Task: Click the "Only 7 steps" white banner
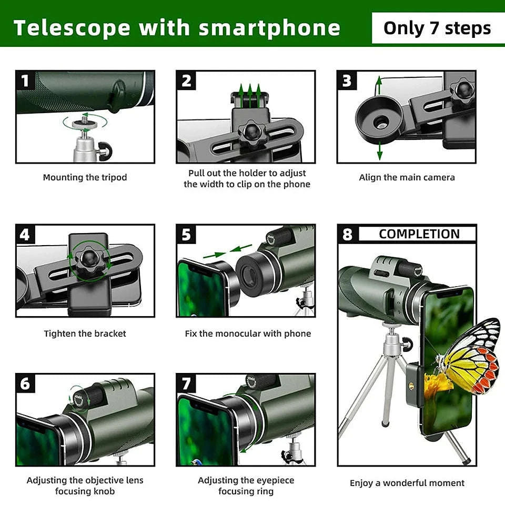437,28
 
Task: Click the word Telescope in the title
71,28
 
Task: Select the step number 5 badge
186,235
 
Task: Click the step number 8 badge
347,234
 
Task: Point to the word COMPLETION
419,234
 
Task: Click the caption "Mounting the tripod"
85,178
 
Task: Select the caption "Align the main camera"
407,178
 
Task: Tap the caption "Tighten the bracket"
85,334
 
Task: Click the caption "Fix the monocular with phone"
248,334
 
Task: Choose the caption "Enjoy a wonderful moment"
407,483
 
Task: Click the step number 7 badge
186,384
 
